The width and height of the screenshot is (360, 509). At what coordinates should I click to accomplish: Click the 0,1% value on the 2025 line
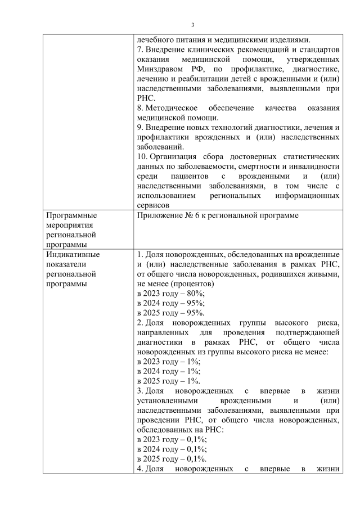197,458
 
